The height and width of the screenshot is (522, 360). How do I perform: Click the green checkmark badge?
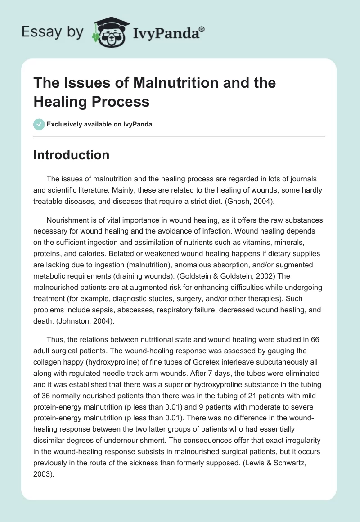pyautogui.click(x=39, y=124)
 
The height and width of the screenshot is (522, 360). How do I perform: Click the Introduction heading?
pyautogui.click(x=71, y=155)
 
